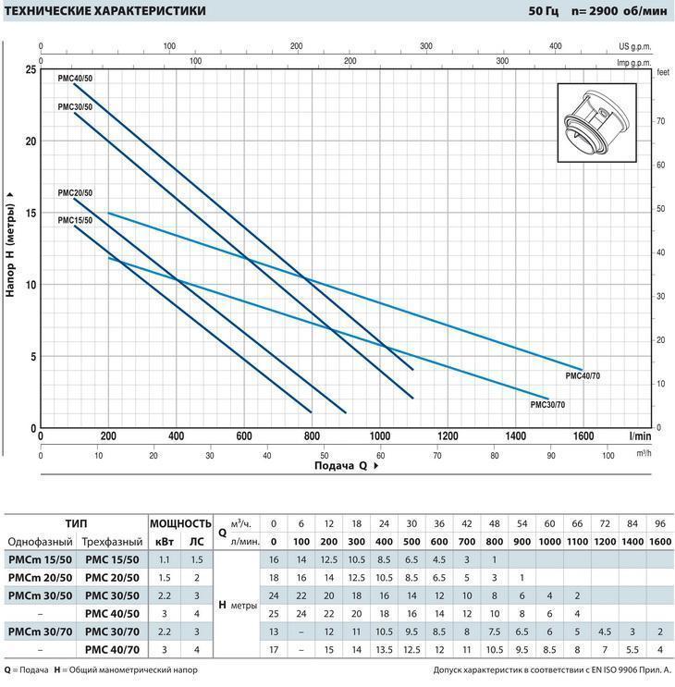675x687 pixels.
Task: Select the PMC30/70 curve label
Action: pyautogui.click(x=547, y=405)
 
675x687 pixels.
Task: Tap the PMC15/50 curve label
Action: pyautogui.click(x=74, y=220)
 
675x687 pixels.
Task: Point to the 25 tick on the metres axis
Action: pyautogui.click(x=31, y=70)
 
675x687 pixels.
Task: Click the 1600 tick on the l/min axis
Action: pyautogui.click(x=583, y=436)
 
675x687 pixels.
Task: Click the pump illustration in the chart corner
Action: pyautogui.click(x=599, y=126)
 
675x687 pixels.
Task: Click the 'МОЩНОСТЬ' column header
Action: pyautogui.click(x=180, y=522)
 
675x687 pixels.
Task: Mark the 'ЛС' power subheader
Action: pyautogui.click(x=197, y=542)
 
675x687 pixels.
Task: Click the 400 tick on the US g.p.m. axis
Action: pyautogui.click(x=555, y=44)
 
